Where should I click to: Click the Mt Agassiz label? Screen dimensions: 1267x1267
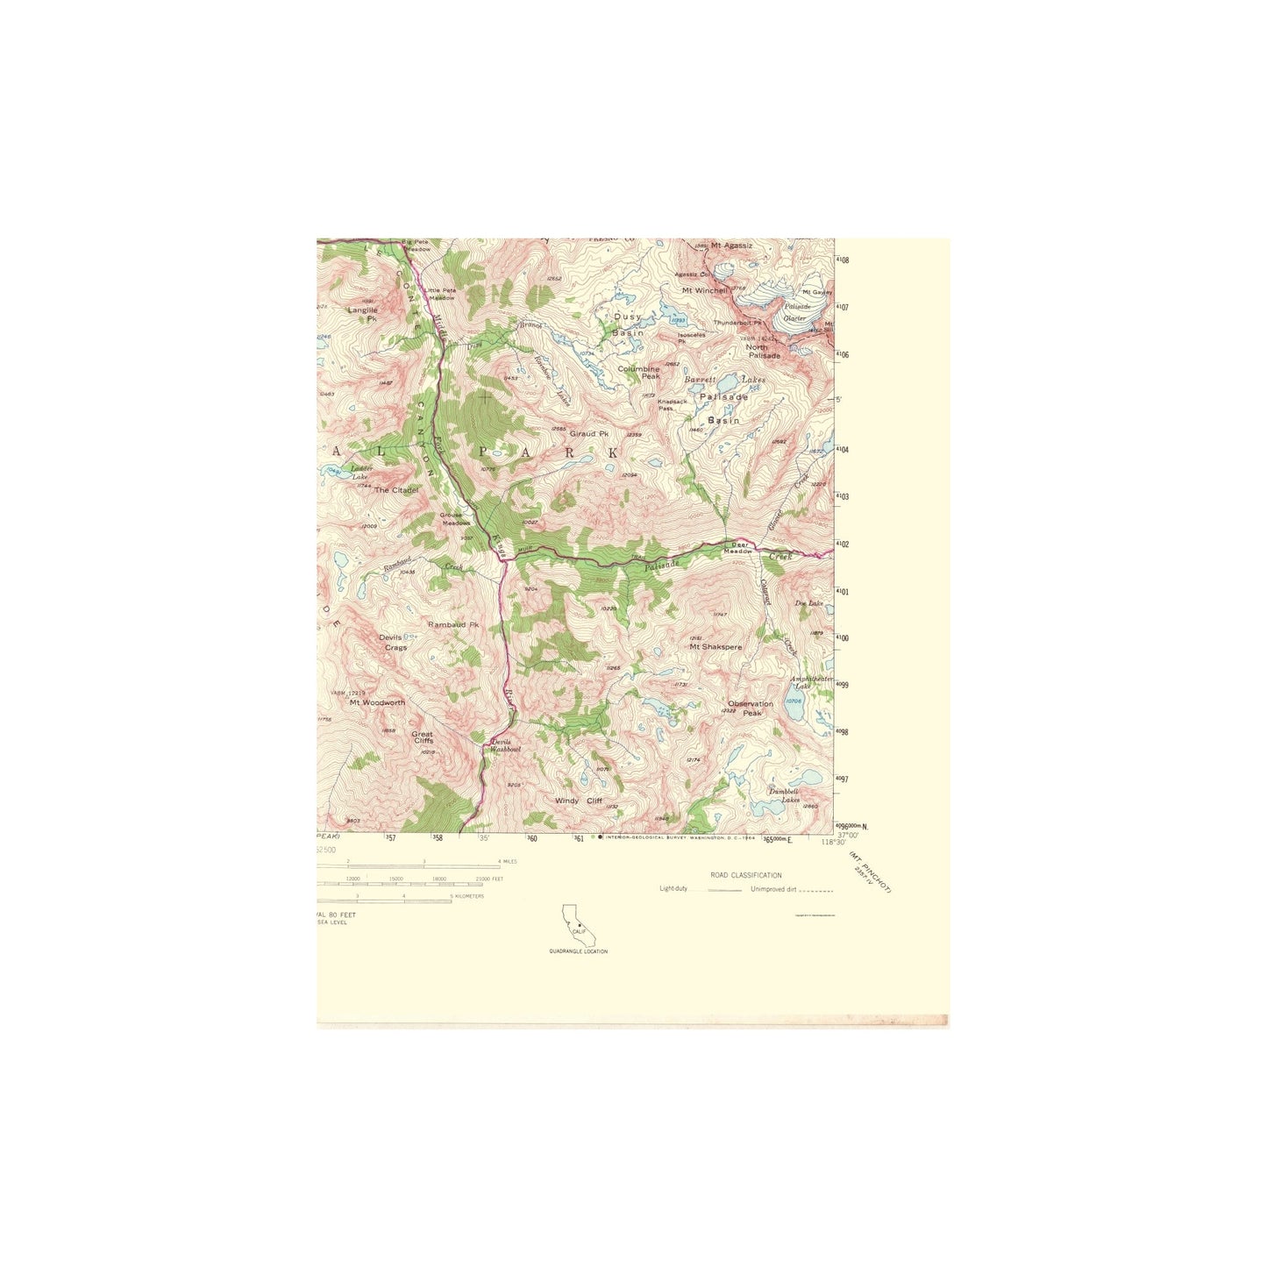(x=731, y=246)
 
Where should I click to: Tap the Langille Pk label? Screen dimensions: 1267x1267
(x=363, y=314)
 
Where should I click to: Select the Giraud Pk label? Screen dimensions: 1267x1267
(x=589, y=434)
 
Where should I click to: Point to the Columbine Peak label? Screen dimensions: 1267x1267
(x=638, y=373)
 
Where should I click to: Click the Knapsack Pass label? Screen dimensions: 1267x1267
(x=673, y=405)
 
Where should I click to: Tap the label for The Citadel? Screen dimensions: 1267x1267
(x=396, y=490)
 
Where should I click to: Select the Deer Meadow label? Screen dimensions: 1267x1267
(x=740, y=548)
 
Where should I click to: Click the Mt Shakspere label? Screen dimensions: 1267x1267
(x=715, y=647)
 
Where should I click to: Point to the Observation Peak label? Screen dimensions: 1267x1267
(x=751, y=708)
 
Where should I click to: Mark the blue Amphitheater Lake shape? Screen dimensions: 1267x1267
(x=794, y=708)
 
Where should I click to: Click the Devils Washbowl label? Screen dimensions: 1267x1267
(x=506, y=746)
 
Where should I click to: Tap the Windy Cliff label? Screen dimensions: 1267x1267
(x=579, y=801)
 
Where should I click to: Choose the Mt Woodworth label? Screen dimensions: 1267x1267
(x=377, y=702)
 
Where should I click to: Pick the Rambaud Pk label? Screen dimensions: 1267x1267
(x=453, y=625)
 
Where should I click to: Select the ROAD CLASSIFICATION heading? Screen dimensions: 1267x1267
(x=746, y=875)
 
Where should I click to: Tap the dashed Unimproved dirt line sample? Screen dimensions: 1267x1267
(x=816, y=891)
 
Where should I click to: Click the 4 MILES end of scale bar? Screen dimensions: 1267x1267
(x=506, y=862)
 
